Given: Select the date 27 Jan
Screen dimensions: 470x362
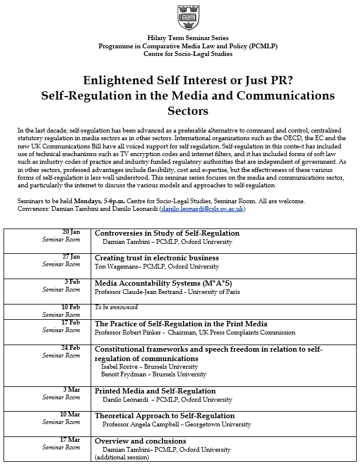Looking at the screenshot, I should tap(71, 257).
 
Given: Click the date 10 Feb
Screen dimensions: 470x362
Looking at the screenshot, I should tap(71, 307).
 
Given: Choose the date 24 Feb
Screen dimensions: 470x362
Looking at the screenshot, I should tap(71, 348).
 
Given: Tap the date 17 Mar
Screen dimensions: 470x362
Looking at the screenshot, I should tap(70, 440).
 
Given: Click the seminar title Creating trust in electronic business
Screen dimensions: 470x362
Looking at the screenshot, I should tap(157, 258).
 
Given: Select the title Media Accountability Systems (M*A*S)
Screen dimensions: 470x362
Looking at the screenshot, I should tap(155, 283).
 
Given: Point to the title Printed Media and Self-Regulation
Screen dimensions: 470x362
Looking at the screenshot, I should tap(155, 391).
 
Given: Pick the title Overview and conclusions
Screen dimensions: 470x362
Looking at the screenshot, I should tap(141, 441).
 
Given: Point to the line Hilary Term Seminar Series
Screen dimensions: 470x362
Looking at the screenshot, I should tap(180, 38).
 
